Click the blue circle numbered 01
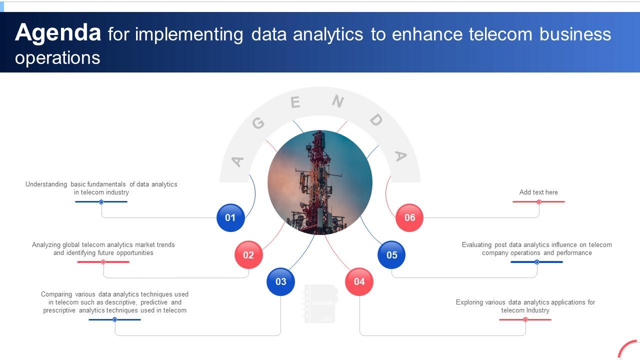click(230, 217)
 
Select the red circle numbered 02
click(248, 255)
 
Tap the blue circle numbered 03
click(281, 281)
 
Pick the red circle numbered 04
click(359, 281)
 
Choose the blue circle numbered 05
click(391, 255)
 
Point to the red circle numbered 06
click(409, 217)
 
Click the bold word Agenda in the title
click(58, 33)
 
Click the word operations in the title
click(57, 57)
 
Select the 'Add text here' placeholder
click(538, 192)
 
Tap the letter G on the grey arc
click(258, 123)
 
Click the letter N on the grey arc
click(338, 101)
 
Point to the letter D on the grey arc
click(376, 119)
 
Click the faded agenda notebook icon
click(320, 303)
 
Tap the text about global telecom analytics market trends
click(103, 248)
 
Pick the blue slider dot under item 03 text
click(114, 319)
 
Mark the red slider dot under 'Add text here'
click(539, 202)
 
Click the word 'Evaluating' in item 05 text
click(477, 245)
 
